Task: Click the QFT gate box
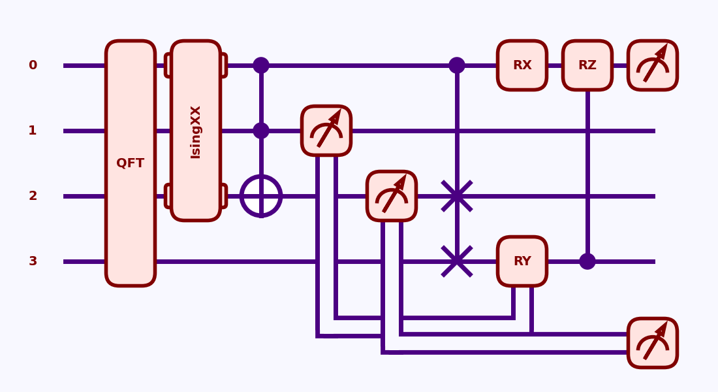[131, 163]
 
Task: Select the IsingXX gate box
[196, 131]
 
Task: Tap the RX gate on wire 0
[522, 65]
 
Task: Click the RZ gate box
[587, 65]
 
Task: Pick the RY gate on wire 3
[522, 261]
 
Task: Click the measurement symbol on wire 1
[326, 131]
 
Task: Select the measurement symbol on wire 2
[392, 196]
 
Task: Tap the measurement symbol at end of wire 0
[653, 65]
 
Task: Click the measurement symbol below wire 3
[653, 343]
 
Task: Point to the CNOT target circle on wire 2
[261, 196]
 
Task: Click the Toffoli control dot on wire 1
[261, 131]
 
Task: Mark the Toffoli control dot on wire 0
[261, 65]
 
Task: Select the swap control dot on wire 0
[457, 65]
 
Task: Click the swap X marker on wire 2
[457, 196]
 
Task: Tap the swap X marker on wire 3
[457, 261]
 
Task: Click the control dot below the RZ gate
[587, 261]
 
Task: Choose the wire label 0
[33, 65]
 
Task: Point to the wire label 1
[33, 131]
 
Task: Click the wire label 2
[33, 196]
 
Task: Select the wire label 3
[33, 261]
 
